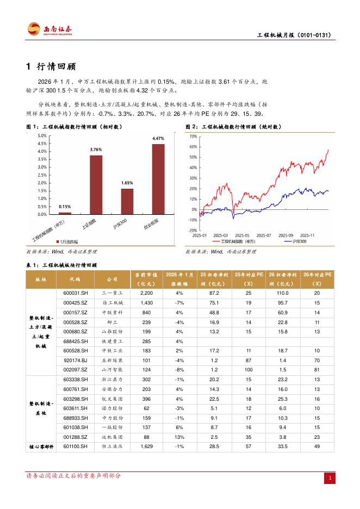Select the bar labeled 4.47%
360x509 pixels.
tap(158, 179)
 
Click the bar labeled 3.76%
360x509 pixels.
tap(96, 184)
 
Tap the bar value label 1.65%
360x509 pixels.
tap(127, 183)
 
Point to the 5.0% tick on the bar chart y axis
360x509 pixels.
tap(41, 135)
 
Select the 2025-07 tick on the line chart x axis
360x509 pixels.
tap(263, 235)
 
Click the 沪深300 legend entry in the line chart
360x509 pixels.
tap(296, 241)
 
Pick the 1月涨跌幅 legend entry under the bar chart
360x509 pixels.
tap(67, 241)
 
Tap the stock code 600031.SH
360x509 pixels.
tap(76, 293)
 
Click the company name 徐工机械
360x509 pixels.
tap(112, 302)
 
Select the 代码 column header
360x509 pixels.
tap(75, 279)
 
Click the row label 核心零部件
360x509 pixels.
tap(42, 446)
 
